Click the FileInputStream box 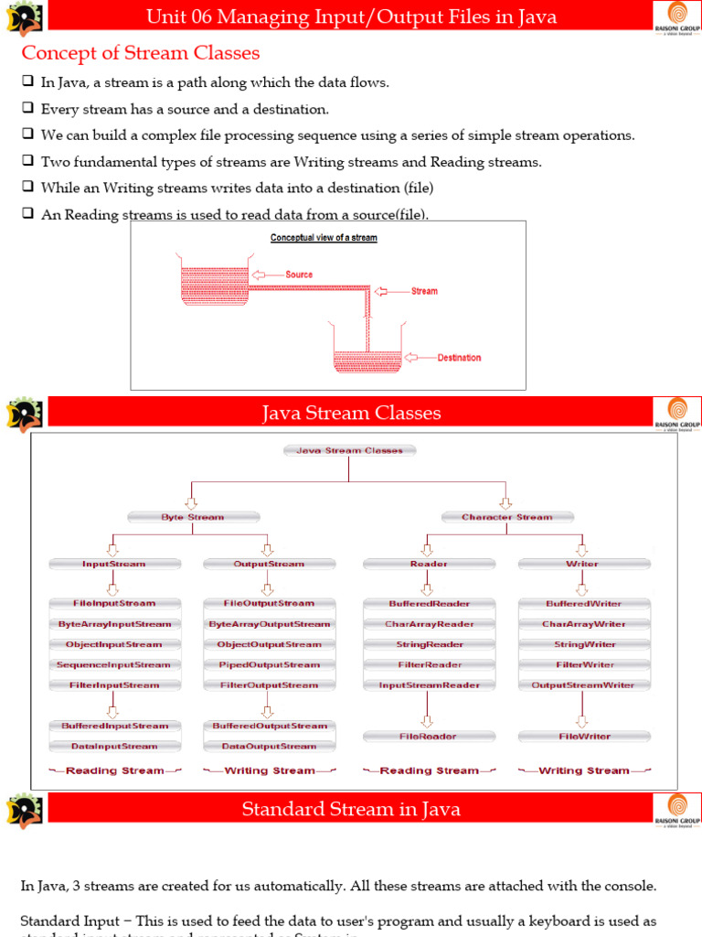coord(114,604)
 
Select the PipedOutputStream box coord(269,665)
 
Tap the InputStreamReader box coord(429,685)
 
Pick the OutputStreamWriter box coord(582,685)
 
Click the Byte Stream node coord(192,517)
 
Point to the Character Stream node coord(506,517)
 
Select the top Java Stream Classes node coord(350,450)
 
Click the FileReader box coord(429,736)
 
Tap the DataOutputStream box coord(269,747)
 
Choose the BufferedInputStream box coord(114,726)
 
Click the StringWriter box coord(582,644)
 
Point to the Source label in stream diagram coord(298,275)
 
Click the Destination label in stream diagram coord(458,358)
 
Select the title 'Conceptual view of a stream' coord(324,238)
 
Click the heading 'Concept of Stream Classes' coord(141,53)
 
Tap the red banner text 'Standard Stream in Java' coord(351,809)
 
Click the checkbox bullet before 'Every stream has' coord(27,109)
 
